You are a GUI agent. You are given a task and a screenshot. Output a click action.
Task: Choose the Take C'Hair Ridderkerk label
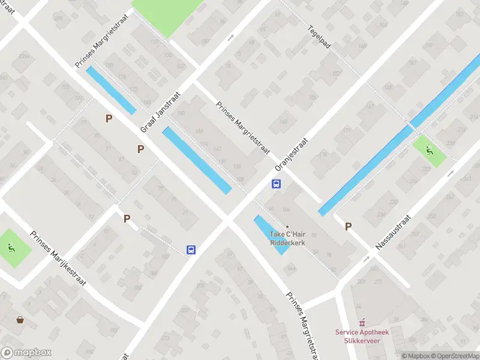(287, 238)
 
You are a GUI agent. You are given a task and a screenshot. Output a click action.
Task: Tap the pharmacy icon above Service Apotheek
(361, 323)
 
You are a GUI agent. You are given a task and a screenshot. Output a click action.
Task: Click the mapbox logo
(26, 353)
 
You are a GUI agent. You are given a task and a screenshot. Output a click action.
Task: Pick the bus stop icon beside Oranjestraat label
(277, 184)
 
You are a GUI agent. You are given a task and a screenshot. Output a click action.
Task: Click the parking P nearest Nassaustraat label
(348, 226)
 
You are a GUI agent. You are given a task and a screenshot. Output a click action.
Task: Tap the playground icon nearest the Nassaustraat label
(430, 151)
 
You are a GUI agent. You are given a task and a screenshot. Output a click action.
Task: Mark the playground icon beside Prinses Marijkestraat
(11, 247)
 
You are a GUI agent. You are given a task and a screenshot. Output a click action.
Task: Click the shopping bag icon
(21, 320)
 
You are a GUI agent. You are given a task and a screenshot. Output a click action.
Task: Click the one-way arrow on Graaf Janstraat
(231, 38)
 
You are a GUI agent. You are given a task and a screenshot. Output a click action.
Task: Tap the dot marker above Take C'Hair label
(287, 226)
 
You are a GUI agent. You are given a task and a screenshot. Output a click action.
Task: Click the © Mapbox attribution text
(415, 356)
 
